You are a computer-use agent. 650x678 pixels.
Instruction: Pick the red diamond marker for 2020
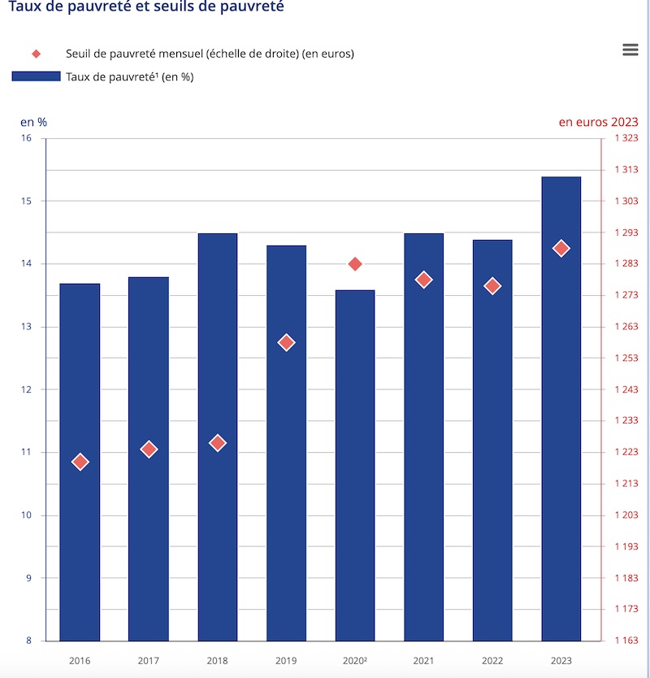click(x=355, y=263)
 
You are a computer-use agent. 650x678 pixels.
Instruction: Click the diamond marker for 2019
click(x=286, y=342)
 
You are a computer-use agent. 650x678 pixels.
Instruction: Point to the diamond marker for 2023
click(x=561, y=248)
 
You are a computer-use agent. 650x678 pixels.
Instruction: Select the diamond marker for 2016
click(x=80, y=462)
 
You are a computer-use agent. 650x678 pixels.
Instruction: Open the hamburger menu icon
click(x=630, y=50)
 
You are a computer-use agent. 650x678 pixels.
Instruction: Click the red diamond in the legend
click(x=36, y=54)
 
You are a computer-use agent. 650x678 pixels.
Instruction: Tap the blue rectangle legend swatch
click(x=36, y=76)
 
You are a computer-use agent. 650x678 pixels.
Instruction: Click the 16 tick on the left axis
click(x=27, y=138)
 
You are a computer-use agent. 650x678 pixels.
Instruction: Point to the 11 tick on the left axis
click(x=27, y=452)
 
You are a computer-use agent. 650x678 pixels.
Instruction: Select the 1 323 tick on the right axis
click(x=626, y=138)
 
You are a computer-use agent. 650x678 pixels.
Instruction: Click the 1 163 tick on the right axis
click(x=626, y=641)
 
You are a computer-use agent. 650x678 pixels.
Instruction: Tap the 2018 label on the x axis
click(x=217, y=662)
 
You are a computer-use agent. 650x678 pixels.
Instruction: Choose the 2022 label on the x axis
click(x=492, y=662)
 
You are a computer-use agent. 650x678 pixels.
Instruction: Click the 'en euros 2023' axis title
click(x=598, y=122)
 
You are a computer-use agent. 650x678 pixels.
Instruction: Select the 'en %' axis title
click(x=33, y=122)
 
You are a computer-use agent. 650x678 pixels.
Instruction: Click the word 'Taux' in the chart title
click(x=25, y=7)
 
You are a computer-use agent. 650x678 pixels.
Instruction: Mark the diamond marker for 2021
click(x=423, y=280)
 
